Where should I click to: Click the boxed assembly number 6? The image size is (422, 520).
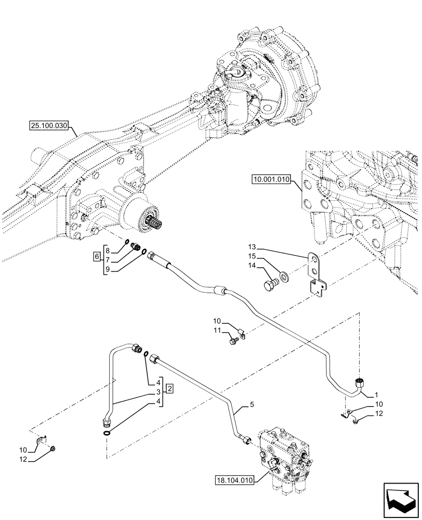tap(97, 255)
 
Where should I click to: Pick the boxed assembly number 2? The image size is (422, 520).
tap(170, 388)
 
